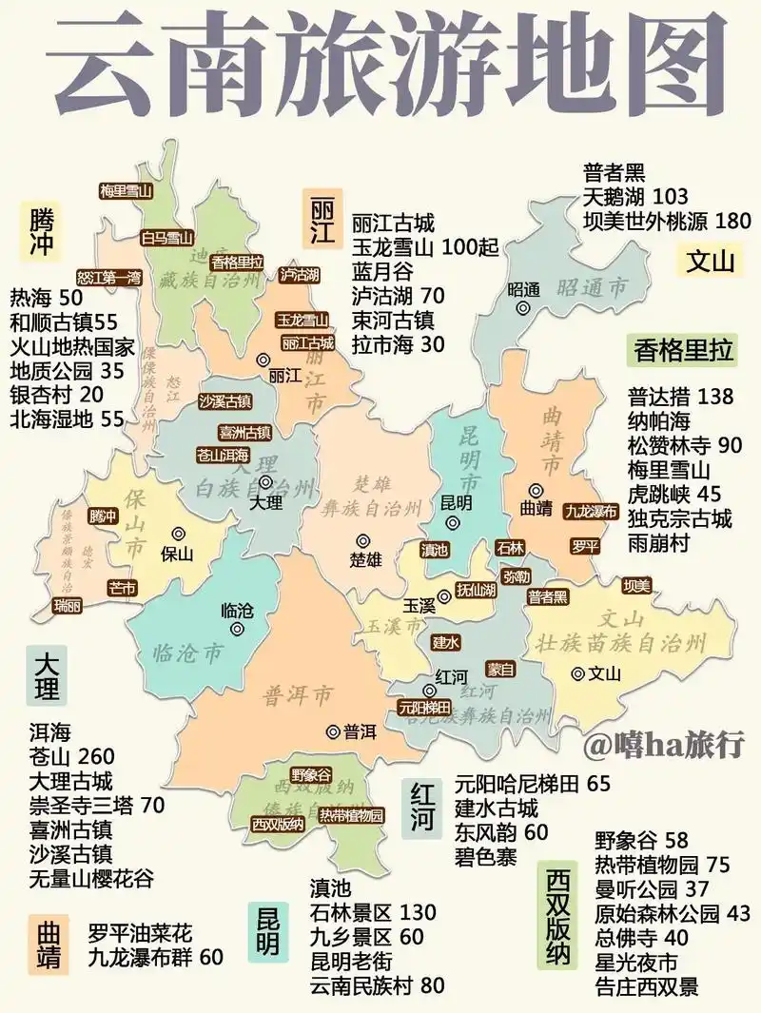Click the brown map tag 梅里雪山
[x=127, y=190]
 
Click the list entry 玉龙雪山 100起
[x=425, y=248]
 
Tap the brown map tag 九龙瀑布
[x=591, y=511]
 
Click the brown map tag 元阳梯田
[x=424, y=707]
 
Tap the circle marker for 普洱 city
[x=333, y=731]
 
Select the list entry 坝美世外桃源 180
[x=667, y=221]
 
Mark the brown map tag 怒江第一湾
[x=107, y=279]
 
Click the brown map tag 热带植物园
[x=351, y=815]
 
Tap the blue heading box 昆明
[x=268, y=930]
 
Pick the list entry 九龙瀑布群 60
[x=156, y=956]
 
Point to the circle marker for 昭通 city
[x=522, y=308]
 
